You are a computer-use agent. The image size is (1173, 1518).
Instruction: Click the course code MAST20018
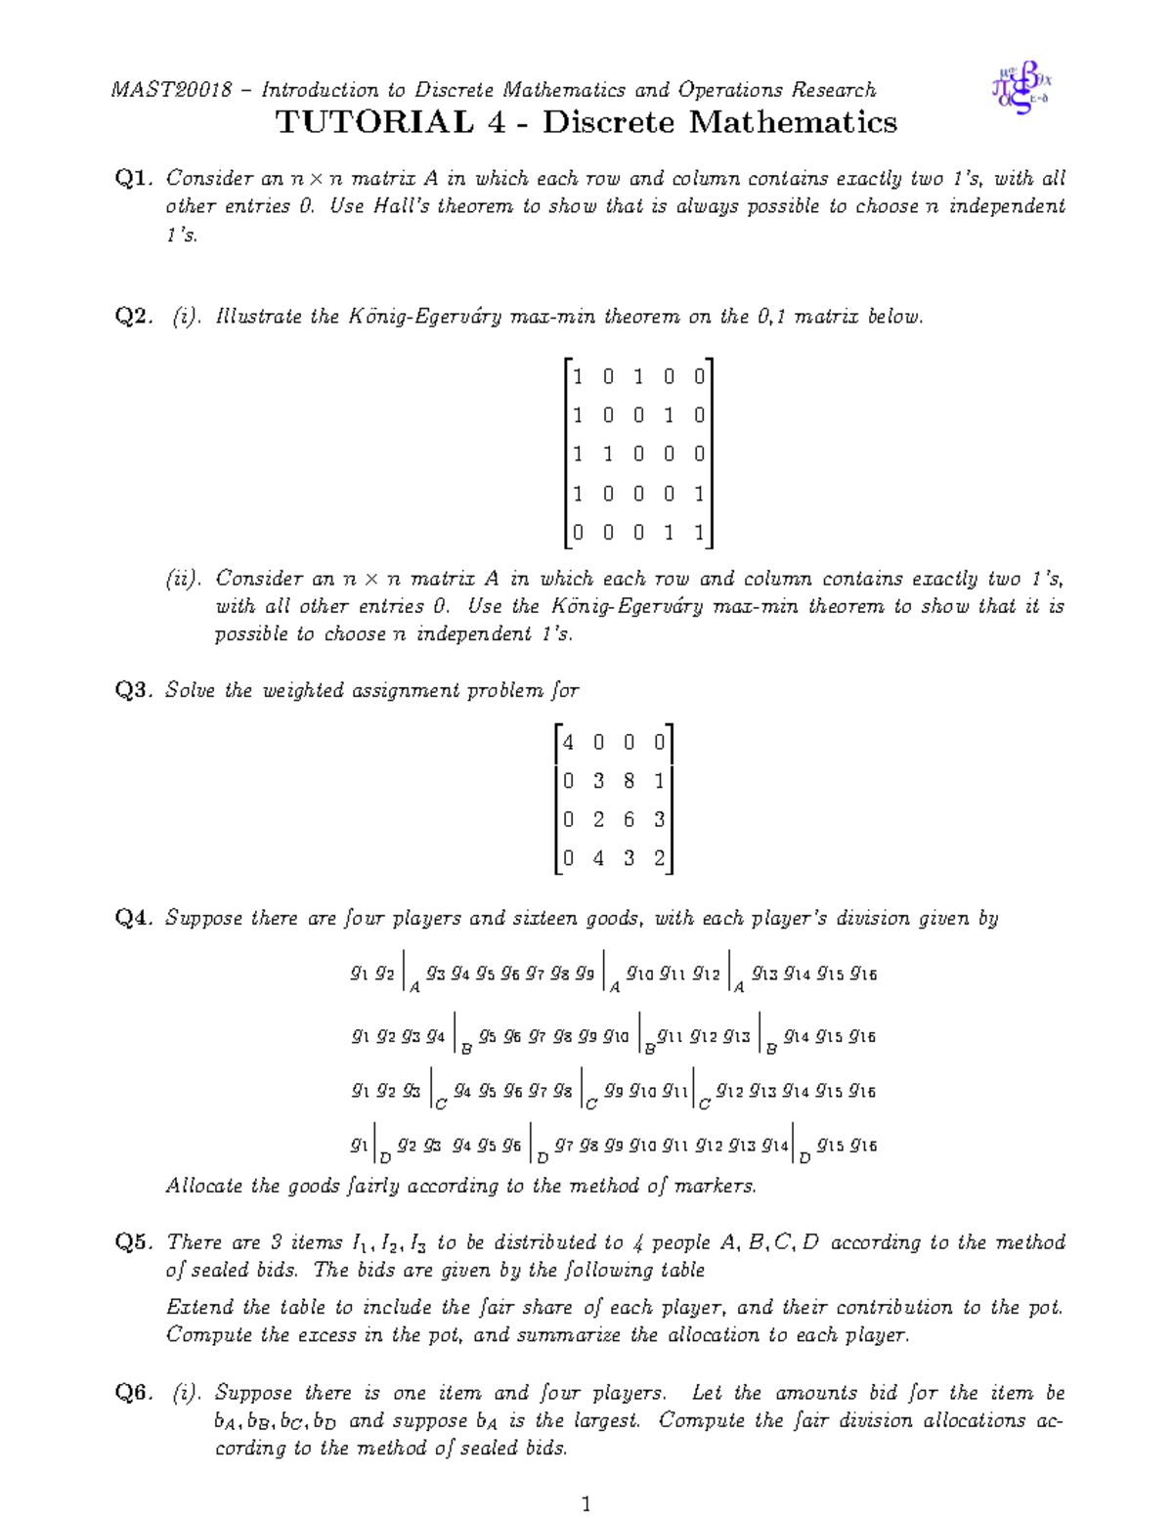[172, 90]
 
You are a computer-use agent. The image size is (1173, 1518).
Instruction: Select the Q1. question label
[134, 179]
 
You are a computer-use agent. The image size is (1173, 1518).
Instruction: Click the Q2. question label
[134, 317]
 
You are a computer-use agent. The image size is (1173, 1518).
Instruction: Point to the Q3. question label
[134, 691]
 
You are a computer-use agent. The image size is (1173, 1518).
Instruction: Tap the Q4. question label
[134, 919]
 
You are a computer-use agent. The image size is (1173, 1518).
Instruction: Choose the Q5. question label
[134, 1243]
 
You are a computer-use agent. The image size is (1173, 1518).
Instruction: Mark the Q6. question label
[134, 1394]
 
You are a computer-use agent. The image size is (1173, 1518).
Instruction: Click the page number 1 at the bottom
[586, 1503]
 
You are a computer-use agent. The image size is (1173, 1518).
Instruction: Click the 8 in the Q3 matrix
[629, 781]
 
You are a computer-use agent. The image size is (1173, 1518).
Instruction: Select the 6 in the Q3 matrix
[629, 820]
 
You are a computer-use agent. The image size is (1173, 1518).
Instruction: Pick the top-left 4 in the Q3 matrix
[568, 743]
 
